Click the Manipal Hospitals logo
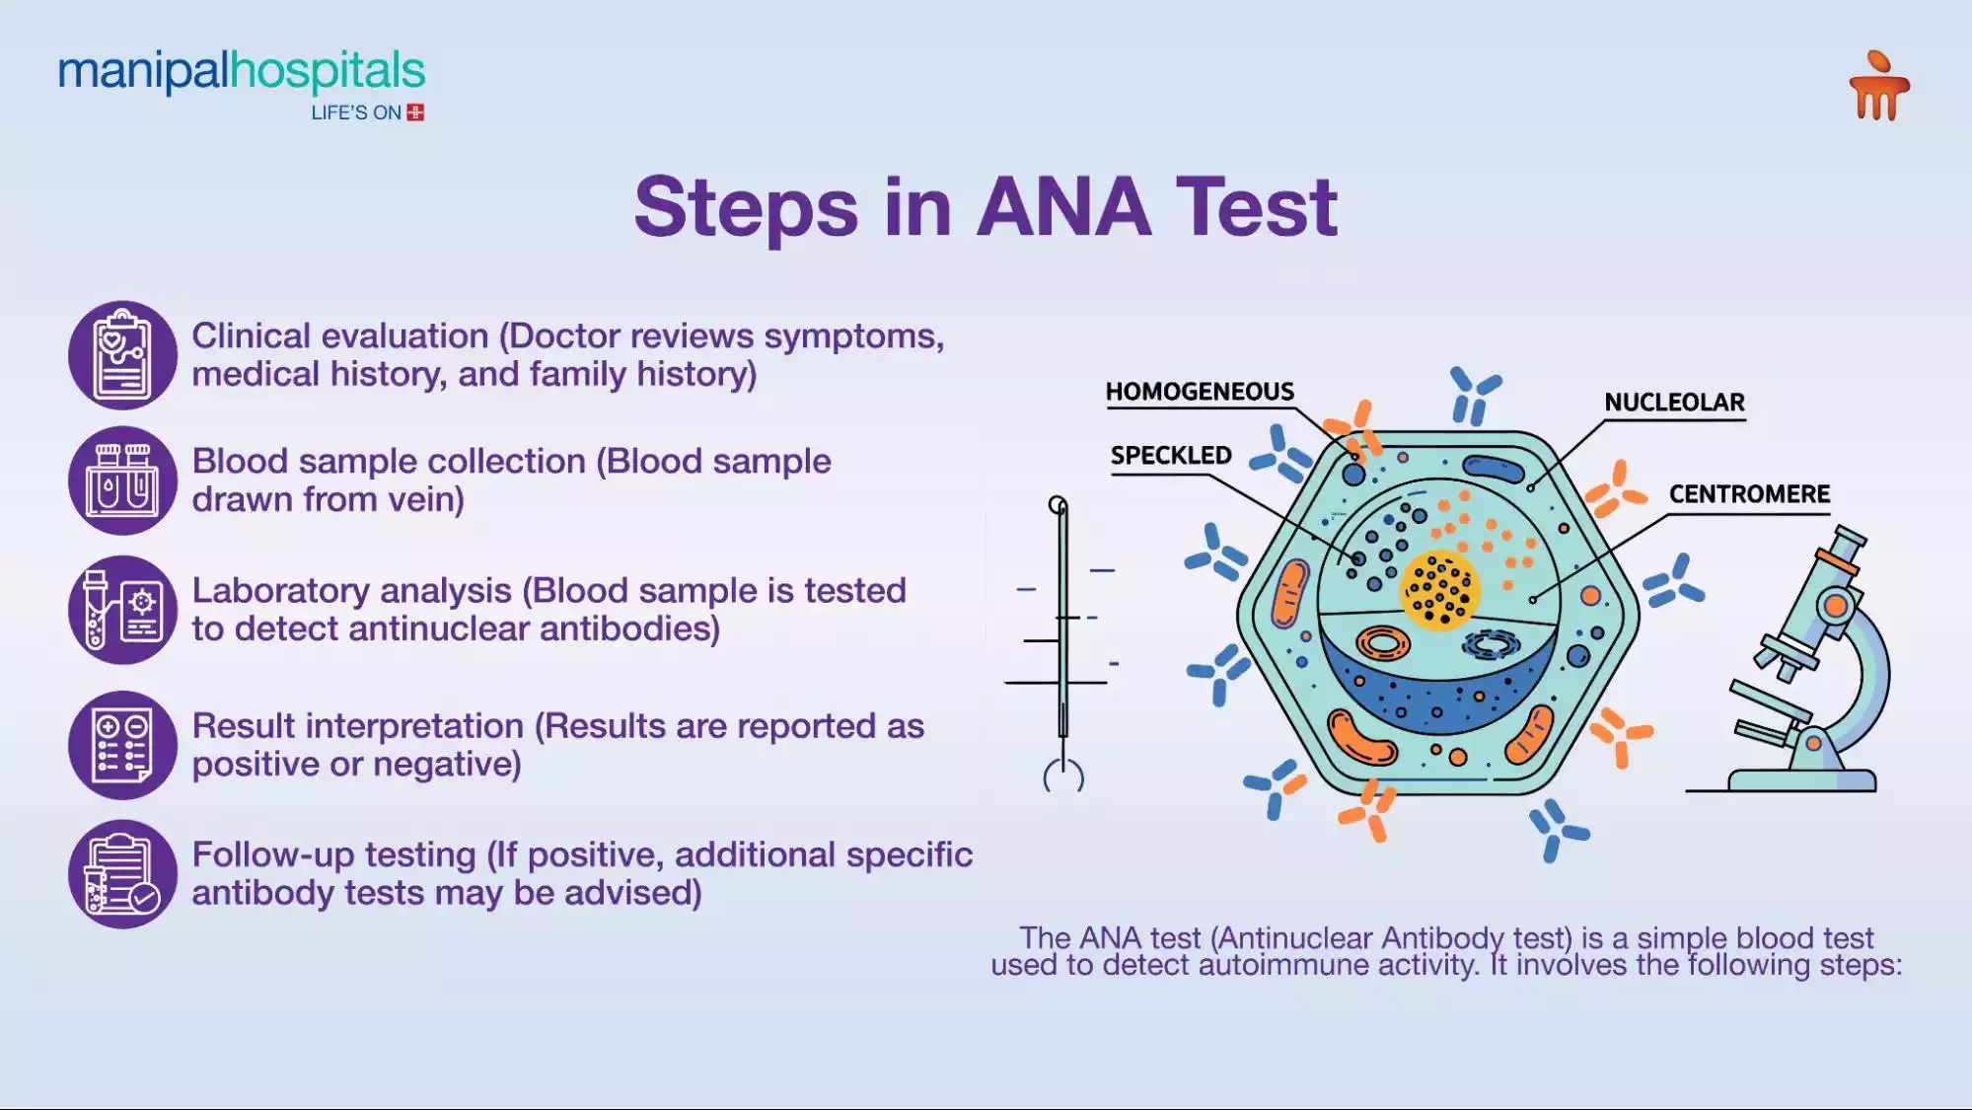(x=242, y=75)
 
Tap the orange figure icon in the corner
(x=1878, y=87)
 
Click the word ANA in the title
(x=1063, y=207)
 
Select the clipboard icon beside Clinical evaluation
(x=122, y=355)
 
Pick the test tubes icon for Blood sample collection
(x=122, y=481)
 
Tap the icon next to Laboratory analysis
(x=122, y=610)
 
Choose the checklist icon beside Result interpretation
(x=122, y=745)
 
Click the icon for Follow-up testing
(x=122, y=874)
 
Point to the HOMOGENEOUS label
(x=1200, y=392)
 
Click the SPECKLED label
(x=1171, y=456)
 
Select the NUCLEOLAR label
(x=1674, y=403)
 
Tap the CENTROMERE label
(x=1749, y=494)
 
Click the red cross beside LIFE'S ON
(x=416, y=112)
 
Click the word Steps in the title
(x=746, y=207)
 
